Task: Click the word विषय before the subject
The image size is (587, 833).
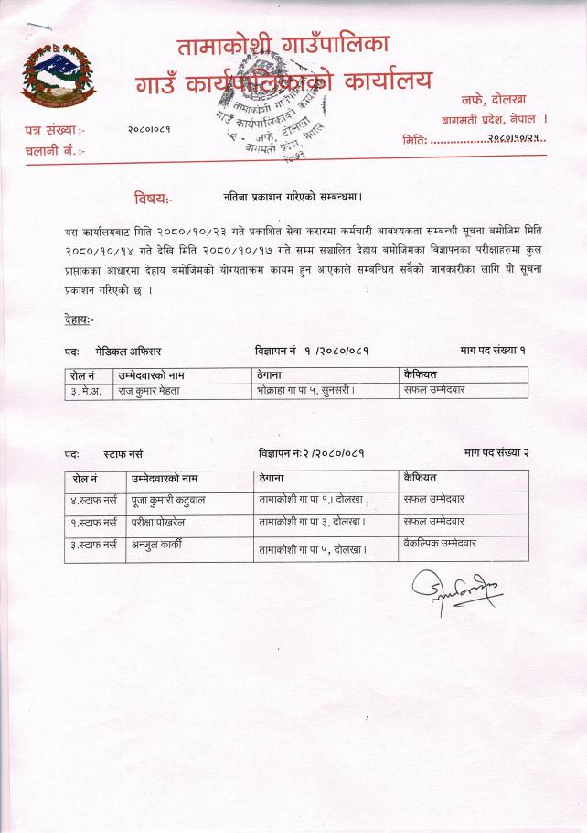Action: tap(152, 198)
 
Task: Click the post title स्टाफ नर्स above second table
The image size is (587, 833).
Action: tap(123, 453)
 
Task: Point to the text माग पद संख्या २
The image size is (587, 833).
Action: tap(496, 453)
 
